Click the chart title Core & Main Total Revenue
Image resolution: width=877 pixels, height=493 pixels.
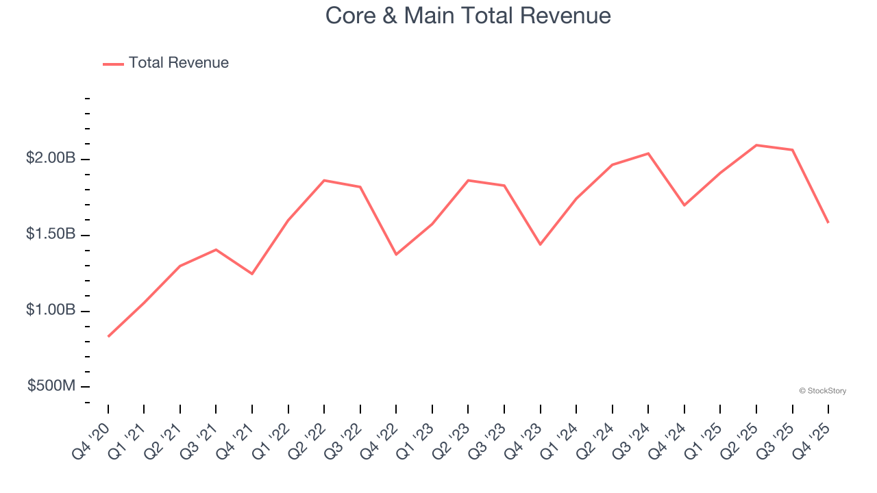[x=468, y=16]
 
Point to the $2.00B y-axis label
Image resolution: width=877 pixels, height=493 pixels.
[x=51, y=158]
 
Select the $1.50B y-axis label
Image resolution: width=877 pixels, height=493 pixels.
[x=51, y=234]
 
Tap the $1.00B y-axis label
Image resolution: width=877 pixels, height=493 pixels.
[x=51, y=310]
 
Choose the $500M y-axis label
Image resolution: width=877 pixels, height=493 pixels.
[x=51, y=386]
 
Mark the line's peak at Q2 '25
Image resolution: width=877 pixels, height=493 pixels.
[x=756, y=145]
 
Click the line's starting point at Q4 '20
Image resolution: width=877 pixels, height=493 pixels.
[x=108, y=336]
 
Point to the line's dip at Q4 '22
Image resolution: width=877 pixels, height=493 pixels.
[x=396, y=255]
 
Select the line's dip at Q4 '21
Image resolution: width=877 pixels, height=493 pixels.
[x=252, y=274]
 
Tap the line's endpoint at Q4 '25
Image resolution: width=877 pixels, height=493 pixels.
[x=828, y=223]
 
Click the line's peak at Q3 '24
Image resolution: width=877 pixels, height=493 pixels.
[x=648, y=153]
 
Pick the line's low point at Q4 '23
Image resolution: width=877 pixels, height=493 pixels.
[x=540, y=244]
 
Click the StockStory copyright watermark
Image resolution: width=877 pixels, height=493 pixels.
[x=822, y=391]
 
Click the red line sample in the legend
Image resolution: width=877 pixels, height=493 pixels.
[x=113, y=64]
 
